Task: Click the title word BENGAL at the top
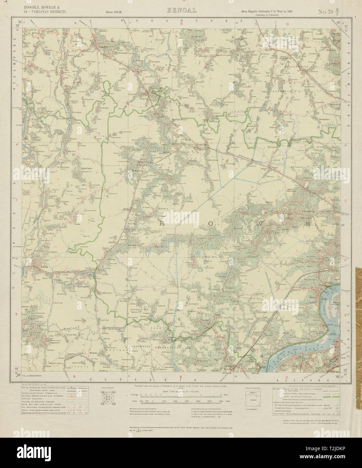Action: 181,10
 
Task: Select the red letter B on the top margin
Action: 181,24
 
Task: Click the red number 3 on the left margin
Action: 17,314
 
